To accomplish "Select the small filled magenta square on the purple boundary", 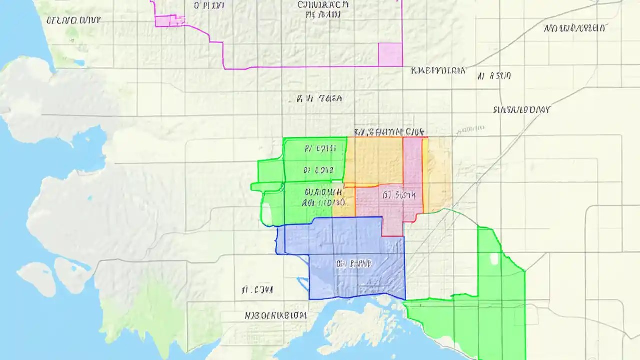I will click(390, 54).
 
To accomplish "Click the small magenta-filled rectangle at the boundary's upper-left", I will click(170, 21).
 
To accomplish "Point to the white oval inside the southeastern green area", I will click(494, 259).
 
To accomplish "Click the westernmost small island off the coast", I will click(36, 277).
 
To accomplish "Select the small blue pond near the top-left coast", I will click(79, 63).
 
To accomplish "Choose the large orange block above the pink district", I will click(374, 161).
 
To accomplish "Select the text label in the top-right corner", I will click(574, 28).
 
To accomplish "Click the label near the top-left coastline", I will click(73, 20).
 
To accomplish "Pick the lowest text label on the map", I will click(275, 316).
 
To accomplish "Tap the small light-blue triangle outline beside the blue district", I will click(303, 284).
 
